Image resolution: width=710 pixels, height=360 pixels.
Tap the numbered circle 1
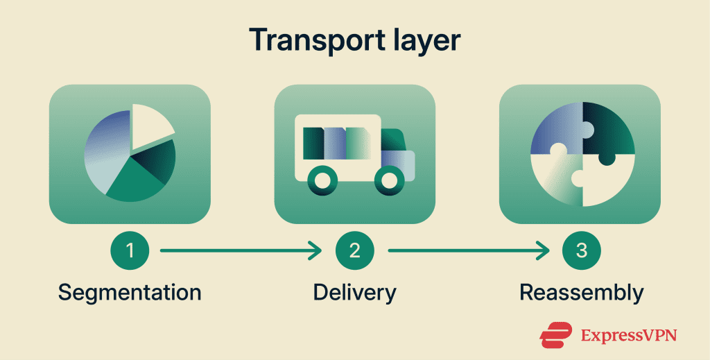click(x=130, y=250)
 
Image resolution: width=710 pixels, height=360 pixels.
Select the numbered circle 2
click(x=355, y=250)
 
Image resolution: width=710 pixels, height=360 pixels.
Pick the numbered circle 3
click(x=582, y=250)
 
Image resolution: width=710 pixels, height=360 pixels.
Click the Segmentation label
click(x=130, y=293)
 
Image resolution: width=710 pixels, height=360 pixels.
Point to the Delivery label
click(x=355, y=293)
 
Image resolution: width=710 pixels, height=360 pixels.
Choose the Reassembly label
click(x=582, y=293)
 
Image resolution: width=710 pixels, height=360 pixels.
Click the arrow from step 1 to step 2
click(x=241, y=250)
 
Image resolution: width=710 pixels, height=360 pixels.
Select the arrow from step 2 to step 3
click(x=469, y=250)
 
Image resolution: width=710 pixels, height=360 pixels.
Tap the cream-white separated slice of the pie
click(x=150, y=125)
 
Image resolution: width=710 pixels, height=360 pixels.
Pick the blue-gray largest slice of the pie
click(x=105, y=149)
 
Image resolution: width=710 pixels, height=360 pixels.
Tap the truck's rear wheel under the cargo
click(x=323, y=180)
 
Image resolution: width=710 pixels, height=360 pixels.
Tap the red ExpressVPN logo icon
click(x=556, y=335)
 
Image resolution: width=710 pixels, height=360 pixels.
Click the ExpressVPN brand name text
click(x=628, y=336)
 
